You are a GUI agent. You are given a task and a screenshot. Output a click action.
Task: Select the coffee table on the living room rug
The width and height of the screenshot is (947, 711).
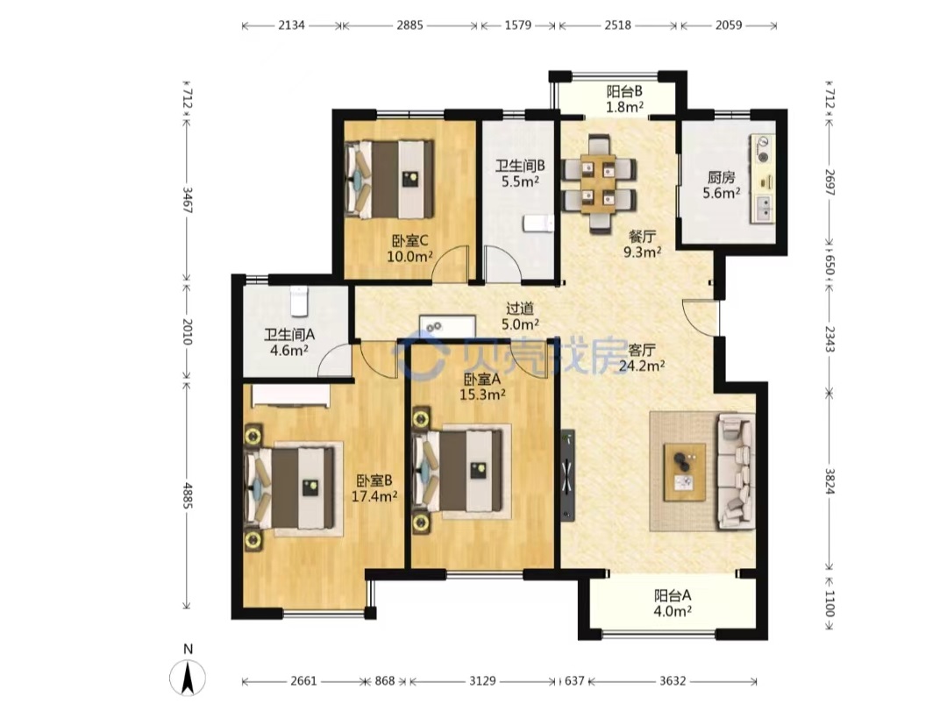click(x=684, y=472)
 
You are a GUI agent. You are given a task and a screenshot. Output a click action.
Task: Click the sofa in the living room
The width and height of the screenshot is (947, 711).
click(x=737, y=471)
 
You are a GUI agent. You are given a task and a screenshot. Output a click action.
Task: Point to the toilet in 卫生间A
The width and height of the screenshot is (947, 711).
click(x=300, y=300)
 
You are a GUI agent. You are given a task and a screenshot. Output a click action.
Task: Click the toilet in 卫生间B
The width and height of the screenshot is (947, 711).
click(x=538, y=223)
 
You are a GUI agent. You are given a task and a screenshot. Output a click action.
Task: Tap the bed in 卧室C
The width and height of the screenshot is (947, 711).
click(x=389, y=180)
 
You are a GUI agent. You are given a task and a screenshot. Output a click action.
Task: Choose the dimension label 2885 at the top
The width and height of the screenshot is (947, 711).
click(x=409, y=25)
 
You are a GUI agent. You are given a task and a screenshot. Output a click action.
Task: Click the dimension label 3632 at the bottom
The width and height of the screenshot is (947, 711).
click(x=673, y=681)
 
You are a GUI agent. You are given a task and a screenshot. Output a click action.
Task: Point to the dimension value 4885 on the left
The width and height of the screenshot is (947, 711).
click(x=188, y=494)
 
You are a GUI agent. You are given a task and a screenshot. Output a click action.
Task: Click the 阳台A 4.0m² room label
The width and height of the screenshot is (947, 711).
click(x=673, y=603)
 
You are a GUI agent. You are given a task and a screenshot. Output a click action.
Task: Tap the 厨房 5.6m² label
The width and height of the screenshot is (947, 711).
click(x=721, y=185)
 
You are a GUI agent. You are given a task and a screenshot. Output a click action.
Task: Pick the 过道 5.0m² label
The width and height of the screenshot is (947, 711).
click(x=520, y=316)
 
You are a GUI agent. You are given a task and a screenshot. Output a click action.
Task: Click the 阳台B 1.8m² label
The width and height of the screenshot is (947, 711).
click(x=624, y=99)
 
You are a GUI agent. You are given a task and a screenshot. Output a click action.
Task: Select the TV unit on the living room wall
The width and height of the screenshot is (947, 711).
click(x=567, y=475)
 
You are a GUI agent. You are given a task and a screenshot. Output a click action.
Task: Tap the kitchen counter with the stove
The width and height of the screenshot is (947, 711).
click(x=763, y=179)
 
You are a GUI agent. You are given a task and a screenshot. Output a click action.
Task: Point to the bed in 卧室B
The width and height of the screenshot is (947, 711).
click(x=290, y=487)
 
